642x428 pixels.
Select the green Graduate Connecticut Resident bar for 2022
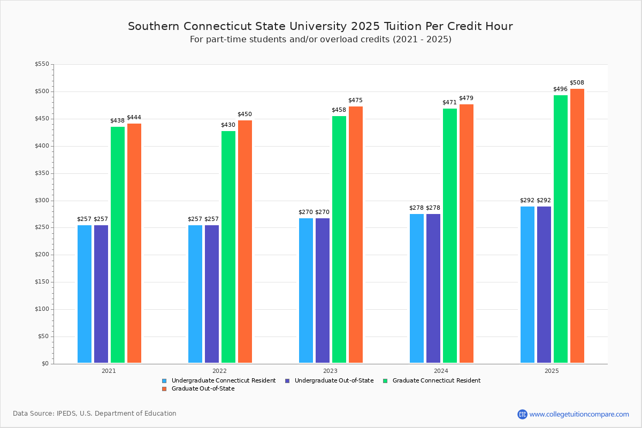pos(228,247)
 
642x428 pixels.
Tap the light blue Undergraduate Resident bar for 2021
pos(85,294)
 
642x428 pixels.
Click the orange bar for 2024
pos(467,233)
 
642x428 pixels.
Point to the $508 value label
pos(577,82)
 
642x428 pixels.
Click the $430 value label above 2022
pos(228,125)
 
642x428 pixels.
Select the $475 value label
pos(355,100)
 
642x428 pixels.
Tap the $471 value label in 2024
pos(449,102)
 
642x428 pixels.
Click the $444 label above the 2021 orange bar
pos(134,117)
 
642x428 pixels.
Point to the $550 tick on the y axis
pos(42,64)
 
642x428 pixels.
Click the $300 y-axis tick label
pos(42,200)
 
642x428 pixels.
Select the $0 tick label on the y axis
pos(45,364)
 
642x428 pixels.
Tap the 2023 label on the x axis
pos(330,370)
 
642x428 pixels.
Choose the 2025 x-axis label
pos(552,370)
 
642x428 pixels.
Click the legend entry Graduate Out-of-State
pos(203,389)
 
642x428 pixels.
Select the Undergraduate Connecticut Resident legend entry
pos(223,381)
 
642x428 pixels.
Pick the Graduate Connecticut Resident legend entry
pos(436,381)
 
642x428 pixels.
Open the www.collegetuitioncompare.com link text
pos(579,414)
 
